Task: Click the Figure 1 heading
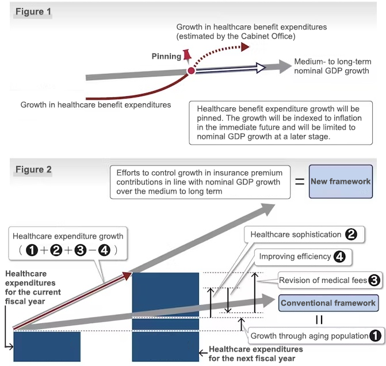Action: [x=33, y=12]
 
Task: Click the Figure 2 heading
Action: [x=33, y=169]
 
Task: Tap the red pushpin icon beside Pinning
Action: [x=187, y=55]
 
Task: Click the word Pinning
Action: [x=166, y=56]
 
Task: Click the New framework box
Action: [x=340, y=182]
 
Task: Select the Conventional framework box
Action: [x=328, y=303]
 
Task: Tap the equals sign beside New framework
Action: [x=299, y=181]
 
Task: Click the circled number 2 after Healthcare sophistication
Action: [x=351, y=235]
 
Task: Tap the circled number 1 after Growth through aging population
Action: [x=376, y=335]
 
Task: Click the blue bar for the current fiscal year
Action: [x=47, y=346]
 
